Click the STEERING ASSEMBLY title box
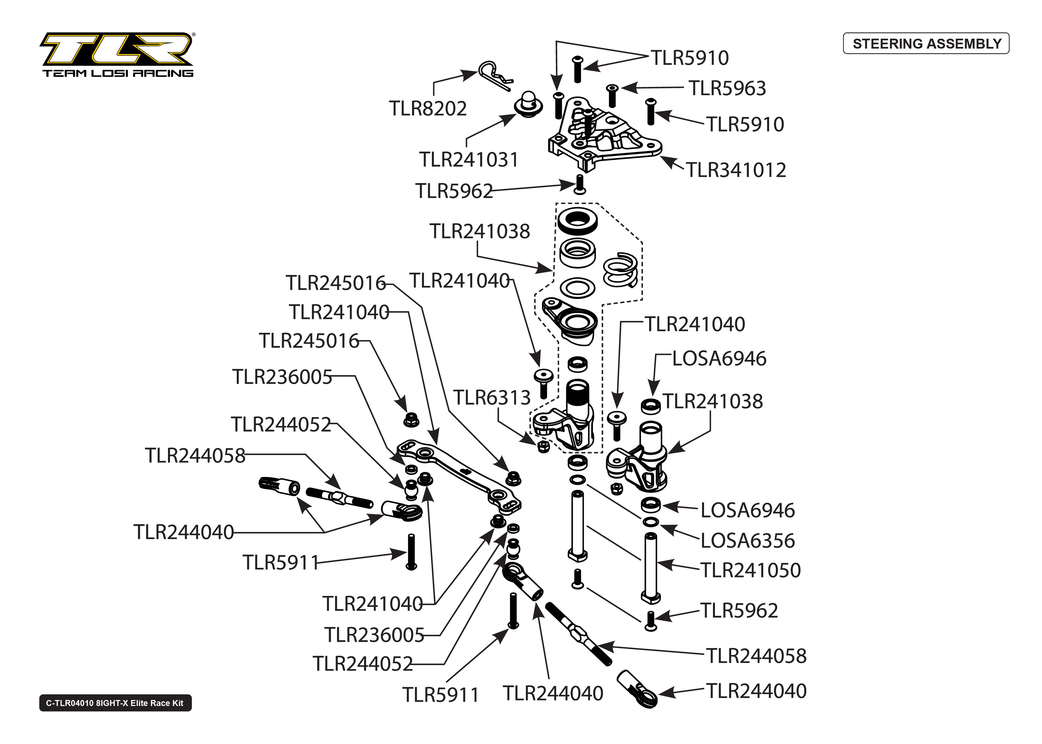(926, 44)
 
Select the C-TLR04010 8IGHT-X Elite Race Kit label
(115, 703)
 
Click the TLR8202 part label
(428, 109)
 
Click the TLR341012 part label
(735, 170)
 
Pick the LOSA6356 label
(747, 541)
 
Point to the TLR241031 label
(468, 159)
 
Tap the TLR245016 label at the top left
(335, 283)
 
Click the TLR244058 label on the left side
(195, 455)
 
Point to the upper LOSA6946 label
(719, 358)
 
